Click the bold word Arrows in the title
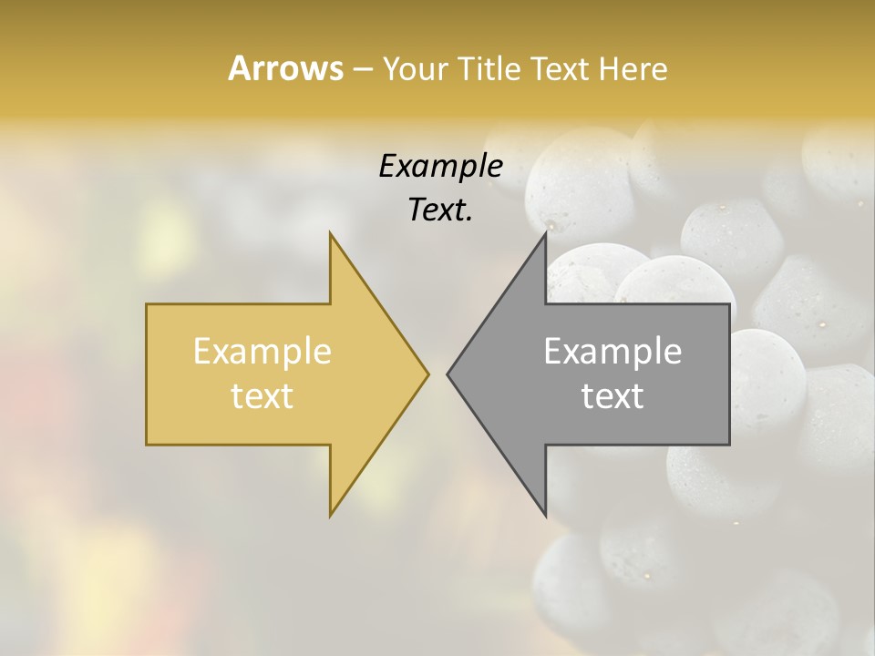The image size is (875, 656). coord(286,68)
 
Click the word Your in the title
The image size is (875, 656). coord(413,68)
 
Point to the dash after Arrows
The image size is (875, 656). coord(362,69)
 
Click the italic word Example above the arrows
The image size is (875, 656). coord(440,166)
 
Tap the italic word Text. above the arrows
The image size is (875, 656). coord(440,210)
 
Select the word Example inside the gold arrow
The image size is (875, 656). coord(262,352)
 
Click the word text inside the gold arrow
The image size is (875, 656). coord(262,396)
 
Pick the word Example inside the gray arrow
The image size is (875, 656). coord(612,352)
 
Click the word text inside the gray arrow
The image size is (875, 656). coord(612,396)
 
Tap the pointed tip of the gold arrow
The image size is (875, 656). coord(427,374)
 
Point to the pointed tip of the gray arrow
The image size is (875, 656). coord(448,374)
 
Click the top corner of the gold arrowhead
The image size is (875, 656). coord(331,233)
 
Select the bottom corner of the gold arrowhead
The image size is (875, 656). coord(331,515)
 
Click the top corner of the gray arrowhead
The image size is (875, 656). coord(545,233)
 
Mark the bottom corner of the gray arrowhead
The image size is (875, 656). coord(545,515)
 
